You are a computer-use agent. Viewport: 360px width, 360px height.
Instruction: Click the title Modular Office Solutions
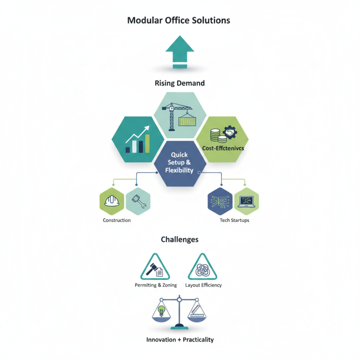179,21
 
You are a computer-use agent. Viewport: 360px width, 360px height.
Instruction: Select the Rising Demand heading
180,83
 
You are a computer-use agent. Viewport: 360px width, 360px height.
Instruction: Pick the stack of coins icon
215,135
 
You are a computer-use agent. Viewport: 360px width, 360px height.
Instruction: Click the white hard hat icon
111,202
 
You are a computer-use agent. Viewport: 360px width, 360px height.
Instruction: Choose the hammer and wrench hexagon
138,202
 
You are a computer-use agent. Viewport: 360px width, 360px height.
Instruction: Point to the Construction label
117,220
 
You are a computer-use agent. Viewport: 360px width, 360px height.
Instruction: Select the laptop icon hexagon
246,202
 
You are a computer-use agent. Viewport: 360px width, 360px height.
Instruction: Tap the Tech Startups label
234,220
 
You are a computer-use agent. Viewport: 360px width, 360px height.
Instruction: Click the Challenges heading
180,239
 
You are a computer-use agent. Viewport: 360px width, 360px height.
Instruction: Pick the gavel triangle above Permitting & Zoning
156,268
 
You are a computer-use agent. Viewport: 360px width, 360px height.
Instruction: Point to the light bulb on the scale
162,310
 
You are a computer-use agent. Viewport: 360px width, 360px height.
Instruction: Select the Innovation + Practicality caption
180,339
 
